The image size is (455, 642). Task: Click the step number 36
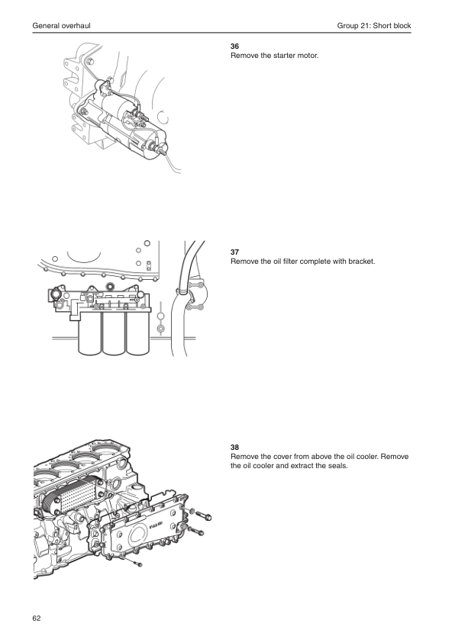click(x=234, y=47)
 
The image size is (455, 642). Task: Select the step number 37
click(x=234, y=252)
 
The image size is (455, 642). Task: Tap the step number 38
click(x=234, y=448)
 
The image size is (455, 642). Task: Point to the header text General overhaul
click(x=62, y=26)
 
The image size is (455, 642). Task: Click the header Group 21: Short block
click(x=374, y=26)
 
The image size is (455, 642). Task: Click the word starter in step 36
click(x=285, y=56)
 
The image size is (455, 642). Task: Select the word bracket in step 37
click(x=361, y=262)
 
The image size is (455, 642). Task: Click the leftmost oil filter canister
click(x=90, y=333)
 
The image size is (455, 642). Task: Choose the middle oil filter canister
click(x=114, y=333)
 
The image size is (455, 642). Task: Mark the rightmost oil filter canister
click(x=137, y=333)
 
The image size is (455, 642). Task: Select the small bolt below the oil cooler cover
click(x=135, y=563)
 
